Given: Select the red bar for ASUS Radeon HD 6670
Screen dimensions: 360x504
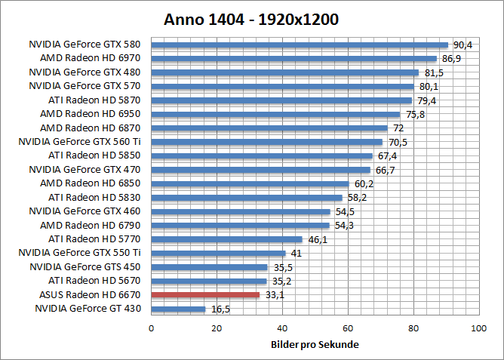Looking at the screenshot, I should coord(205,295).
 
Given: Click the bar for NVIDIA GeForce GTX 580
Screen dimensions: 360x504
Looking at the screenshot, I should coord(300,45).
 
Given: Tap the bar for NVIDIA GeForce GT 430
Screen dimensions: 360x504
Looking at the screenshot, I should coord(178,309).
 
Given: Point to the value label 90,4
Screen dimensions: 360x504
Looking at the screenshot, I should coord(462,45).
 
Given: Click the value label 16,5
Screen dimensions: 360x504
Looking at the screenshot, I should coord(220,309).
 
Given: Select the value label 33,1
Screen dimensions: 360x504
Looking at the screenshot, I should coord(274,295).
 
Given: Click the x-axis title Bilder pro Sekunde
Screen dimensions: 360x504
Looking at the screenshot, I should coord(314,345).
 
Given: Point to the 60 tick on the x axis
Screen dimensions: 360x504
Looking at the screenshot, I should coord(347,328).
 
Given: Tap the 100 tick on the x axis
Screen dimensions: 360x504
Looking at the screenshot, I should coord(478,328).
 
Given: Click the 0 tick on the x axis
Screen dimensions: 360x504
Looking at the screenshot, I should coord(152,328).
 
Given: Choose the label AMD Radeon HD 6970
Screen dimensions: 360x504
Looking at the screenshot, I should coord(91,58).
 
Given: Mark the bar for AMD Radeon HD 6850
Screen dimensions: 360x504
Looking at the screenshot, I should coord(250,183).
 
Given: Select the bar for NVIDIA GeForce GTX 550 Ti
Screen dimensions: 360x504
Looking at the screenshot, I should coord(218,254).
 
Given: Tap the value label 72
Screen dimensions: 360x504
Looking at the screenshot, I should coord(399,128).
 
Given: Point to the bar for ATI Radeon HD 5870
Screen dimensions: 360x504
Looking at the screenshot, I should coord(281,100).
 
